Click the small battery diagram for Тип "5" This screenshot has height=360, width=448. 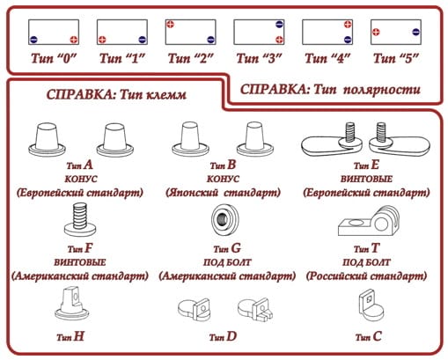pos(393,33)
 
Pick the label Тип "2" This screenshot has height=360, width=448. pos(189,59)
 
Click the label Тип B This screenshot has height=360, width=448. pos(224,164)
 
